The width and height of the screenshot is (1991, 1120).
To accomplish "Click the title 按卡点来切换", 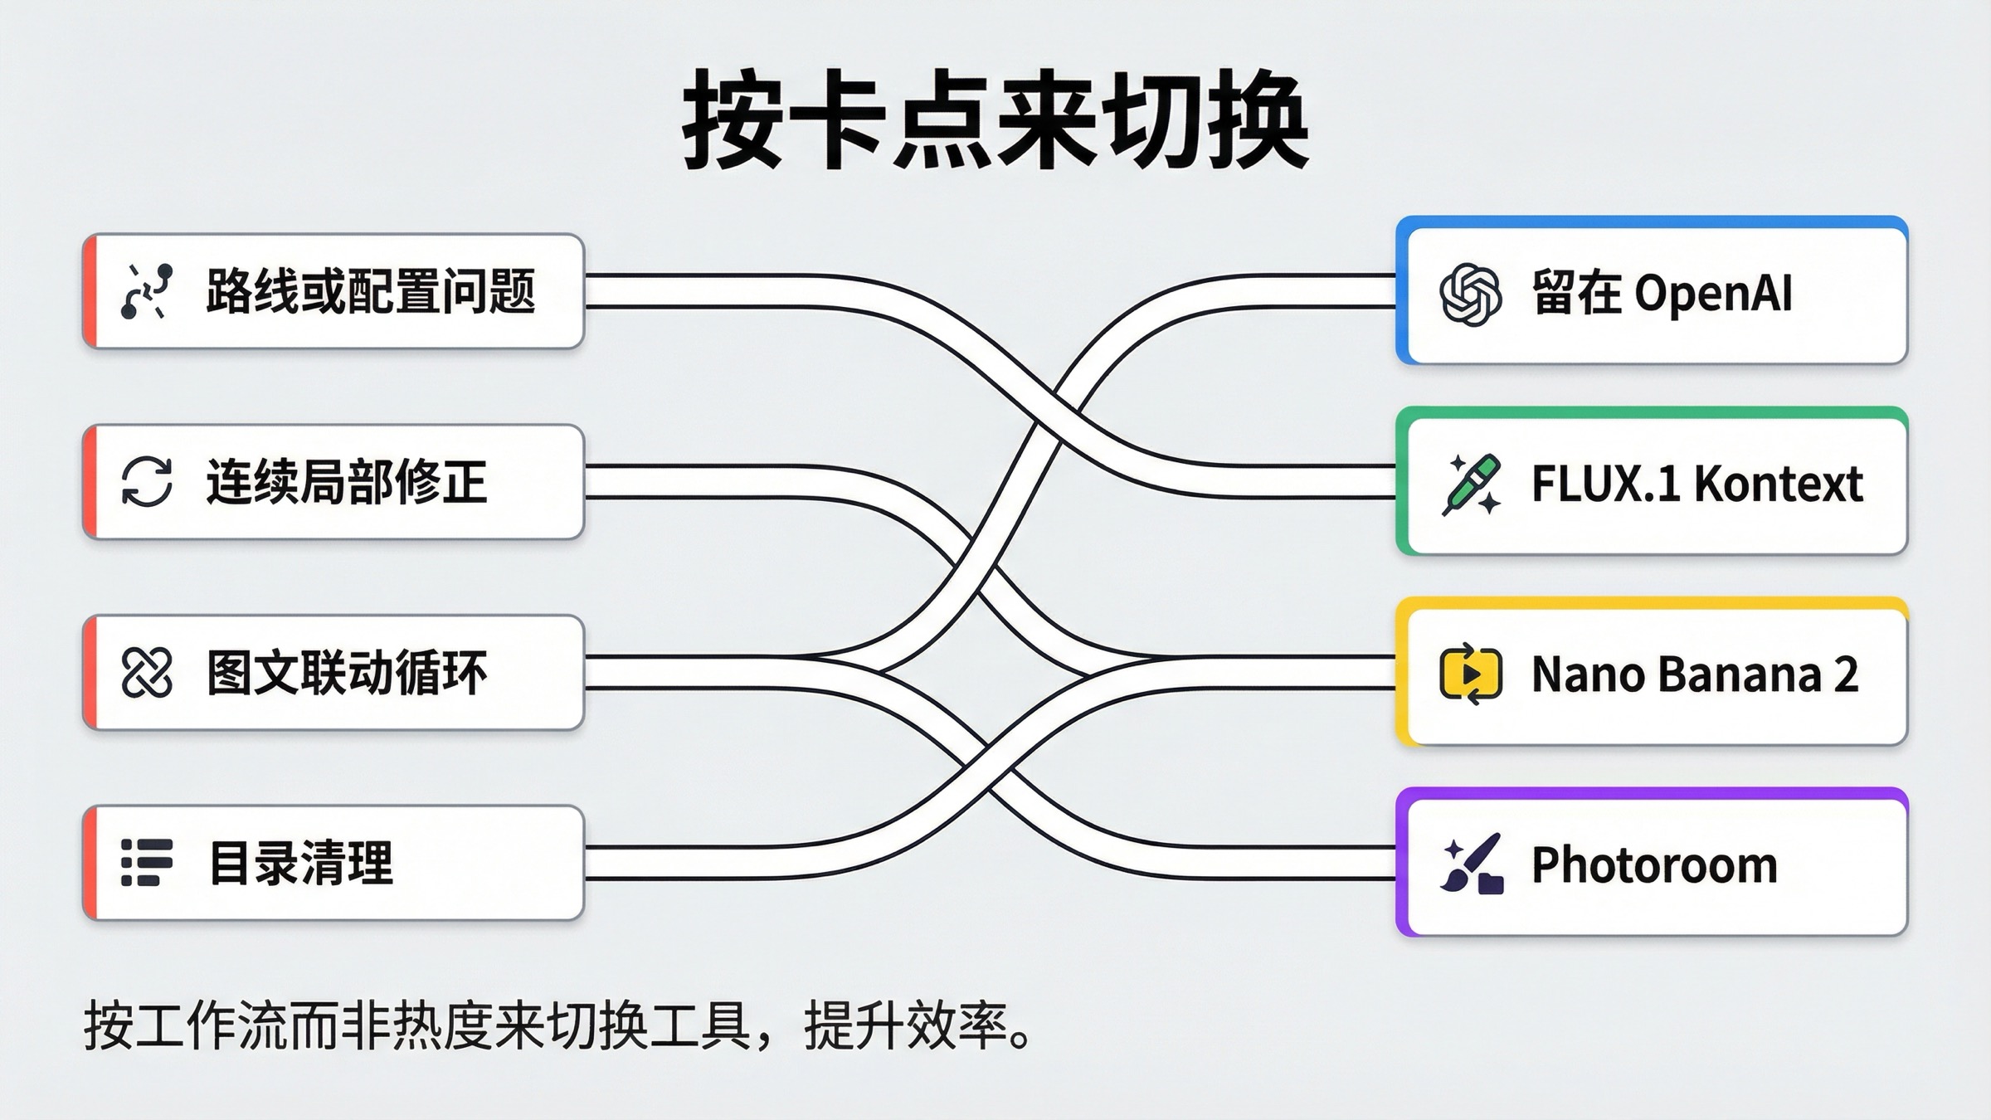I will (x=995, y=120).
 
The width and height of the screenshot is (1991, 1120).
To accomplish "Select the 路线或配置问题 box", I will (x=333, y=291).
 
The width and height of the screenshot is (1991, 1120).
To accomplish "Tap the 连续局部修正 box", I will (x=333, y=482).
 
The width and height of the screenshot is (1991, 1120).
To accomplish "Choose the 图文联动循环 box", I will (x=333, y=672).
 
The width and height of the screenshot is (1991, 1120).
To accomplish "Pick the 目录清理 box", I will (x=333, y=863).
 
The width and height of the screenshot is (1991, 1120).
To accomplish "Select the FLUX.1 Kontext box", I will (x=1653, y=484).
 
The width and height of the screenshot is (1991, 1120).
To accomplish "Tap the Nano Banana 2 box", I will (x=1653, y=674).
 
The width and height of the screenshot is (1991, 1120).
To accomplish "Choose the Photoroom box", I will (x=1653, y=864).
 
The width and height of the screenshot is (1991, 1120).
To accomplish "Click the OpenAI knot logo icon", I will (x=1470, y=295).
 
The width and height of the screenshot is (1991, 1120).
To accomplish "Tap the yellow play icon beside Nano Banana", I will (x=1471, y=674).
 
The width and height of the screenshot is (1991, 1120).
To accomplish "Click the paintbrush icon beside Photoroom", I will (x=1472, y=864).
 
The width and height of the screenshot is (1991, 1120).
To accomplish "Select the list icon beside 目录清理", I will (x=147, y=863).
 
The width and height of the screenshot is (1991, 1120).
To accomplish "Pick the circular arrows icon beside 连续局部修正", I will (x=147, y=482).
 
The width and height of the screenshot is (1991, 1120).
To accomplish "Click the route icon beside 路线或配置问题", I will (x=147, y=291).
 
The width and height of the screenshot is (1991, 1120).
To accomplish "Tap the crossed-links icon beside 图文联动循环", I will (x=147, y=672).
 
